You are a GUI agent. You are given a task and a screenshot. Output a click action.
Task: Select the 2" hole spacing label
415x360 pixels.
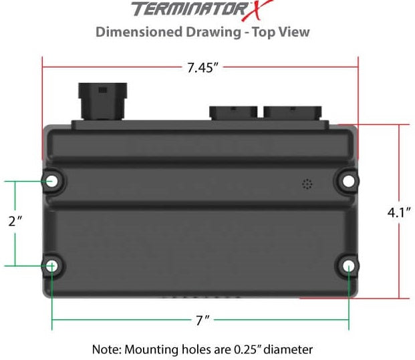click(x=15, y=222)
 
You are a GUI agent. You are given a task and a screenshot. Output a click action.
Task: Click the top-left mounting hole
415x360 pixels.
click(x=52, y=180)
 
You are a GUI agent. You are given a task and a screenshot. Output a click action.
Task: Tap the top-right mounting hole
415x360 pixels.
click(x=348, y=180)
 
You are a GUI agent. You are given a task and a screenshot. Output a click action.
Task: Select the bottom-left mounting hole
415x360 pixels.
click(x=52, y=266)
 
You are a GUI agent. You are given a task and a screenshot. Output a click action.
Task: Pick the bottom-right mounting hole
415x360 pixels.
click(x=348, y=266)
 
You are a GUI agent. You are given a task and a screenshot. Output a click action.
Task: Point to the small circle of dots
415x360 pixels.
click(x=307, y=184)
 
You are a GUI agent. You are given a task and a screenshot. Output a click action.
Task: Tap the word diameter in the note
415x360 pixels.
click(x=290, y=349)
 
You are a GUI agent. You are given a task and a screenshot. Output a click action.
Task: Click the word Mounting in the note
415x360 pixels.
click(x=150, y=349)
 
